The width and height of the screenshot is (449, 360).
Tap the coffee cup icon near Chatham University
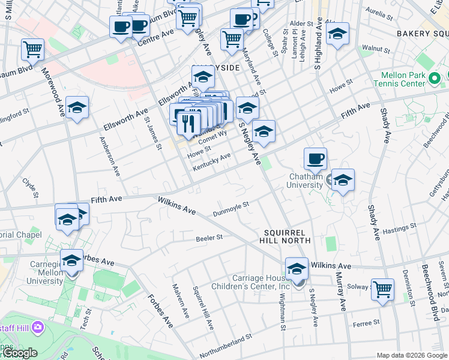pos(315,159)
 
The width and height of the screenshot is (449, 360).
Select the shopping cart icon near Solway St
pos(382,289)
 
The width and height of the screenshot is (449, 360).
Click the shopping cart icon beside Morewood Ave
pos(32,49)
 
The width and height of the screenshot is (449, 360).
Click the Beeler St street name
pos(209,238)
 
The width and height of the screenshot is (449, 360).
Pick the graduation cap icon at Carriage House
pos(297,269)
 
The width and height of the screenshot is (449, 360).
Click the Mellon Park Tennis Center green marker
pos(436,78)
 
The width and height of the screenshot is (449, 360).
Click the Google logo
pos(19,353)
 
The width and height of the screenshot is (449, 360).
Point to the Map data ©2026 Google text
pos(412,355)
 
